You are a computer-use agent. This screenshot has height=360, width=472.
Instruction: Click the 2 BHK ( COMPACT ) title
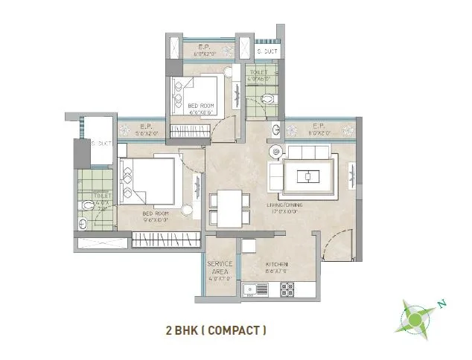tap(216, 329)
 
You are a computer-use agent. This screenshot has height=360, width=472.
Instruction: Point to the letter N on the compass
tap(441, 303)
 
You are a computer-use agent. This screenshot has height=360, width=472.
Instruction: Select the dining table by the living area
tap(226, 208)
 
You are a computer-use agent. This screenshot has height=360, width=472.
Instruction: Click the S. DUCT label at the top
tap(266, 51)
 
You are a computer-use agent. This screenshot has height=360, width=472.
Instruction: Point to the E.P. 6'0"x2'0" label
tap(205, 51)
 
